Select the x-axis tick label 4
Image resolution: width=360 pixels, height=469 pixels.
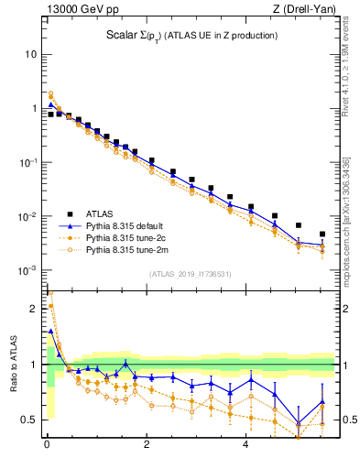(245, 446)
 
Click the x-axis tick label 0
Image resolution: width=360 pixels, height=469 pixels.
(47, 446)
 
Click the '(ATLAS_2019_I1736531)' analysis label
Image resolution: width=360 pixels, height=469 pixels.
(190, 274)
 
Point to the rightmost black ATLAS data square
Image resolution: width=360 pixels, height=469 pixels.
(322, 234)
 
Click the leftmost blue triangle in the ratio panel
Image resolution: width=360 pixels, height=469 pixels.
(51, 331)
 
